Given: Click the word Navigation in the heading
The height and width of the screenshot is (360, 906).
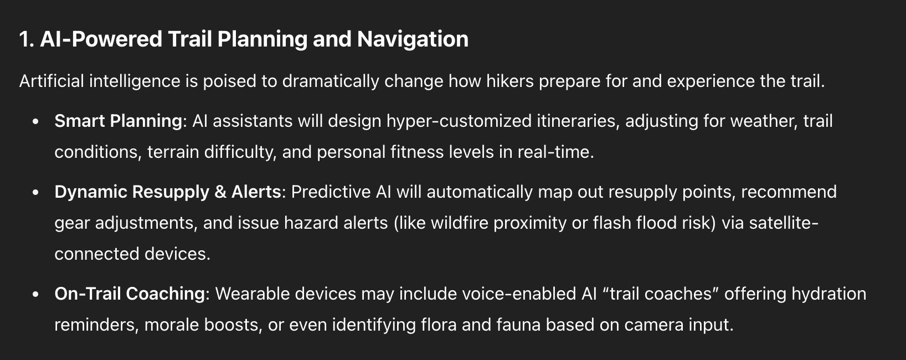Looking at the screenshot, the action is tap(413, 40).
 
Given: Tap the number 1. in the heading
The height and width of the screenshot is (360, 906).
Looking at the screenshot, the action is tap(27, 39).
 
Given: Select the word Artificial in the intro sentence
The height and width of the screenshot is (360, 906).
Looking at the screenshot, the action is tap(52, 81).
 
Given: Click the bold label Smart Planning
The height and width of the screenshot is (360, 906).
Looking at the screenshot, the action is tap(118, 121).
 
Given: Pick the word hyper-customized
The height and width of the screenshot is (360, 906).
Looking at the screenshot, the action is tap(459, 121).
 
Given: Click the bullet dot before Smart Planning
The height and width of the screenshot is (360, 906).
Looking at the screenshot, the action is tap(35, 121).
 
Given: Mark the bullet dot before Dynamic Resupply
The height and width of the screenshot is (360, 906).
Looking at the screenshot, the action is tap(35, 193).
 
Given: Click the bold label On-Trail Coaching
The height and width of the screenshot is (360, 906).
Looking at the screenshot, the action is tap(130, 294).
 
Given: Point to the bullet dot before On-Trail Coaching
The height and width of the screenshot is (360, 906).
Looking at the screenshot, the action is tap(35, 295).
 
